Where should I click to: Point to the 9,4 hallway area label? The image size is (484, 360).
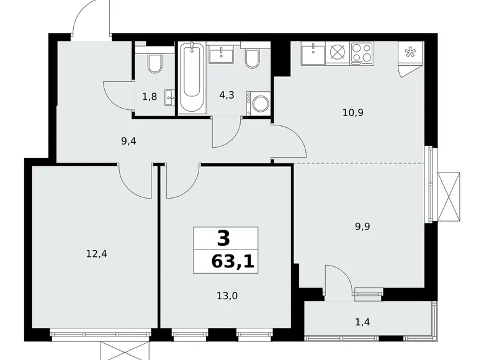[128, 141]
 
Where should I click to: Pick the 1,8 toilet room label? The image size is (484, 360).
[149, 97]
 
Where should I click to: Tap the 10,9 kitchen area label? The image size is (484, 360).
[352, 114]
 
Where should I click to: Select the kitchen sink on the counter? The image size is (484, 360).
[313, 53]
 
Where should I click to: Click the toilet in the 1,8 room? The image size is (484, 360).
[155, 62]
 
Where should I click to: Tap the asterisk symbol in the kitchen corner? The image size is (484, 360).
[410, 53]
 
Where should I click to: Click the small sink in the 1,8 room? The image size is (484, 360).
[169, 97]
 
